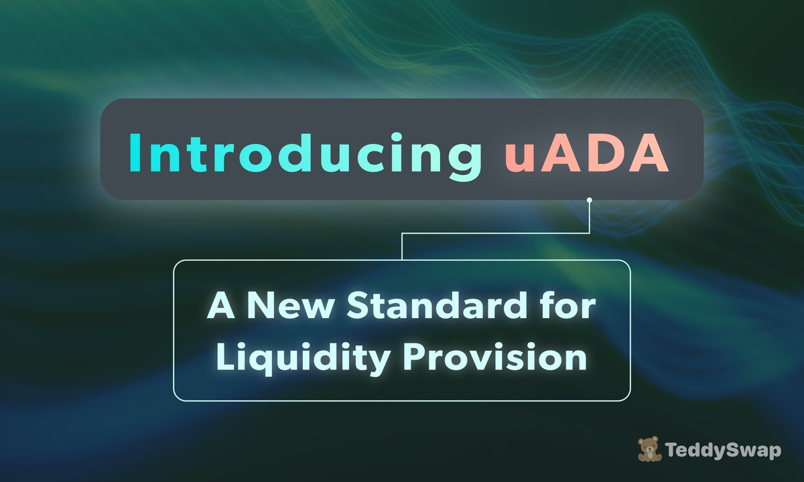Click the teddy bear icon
pyautogui.click(x=648, y=449)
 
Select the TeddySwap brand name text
pyautogui.click(x=724, y=451)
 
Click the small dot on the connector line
pyautogui.click(x=589, y=199)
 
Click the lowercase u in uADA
pyautogui.click(x=517, y=155)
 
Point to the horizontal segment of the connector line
pyautogui.click(x=496, y=233)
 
